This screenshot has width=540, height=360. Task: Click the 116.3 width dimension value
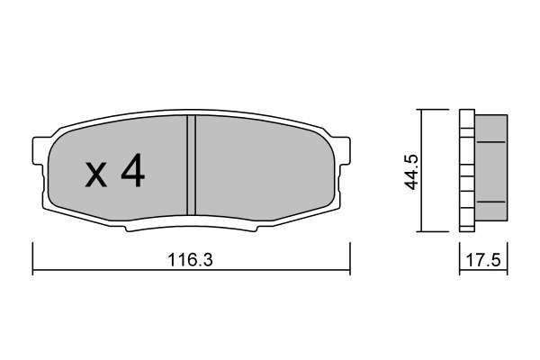click(191, 260)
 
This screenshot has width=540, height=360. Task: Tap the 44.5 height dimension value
click(411, 172)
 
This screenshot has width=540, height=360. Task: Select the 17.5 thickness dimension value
click(482, 260)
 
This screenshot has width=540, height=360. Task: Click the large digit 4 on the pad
click(133, 170)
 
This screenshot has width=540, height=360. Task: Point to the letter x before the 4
click(96, 175)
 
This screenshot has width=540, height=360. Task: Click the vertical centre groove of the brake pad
click(191, 165)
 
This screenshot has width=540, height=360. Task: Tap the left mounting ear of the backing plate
click(39, 150)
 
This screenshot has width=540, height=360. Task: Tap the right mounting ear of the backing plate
click(344, 150)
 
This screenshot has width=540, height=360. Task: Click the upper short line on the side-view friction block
click(490, 141)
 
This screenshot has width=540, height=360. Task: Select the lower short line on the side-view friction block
click(490, 202)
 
